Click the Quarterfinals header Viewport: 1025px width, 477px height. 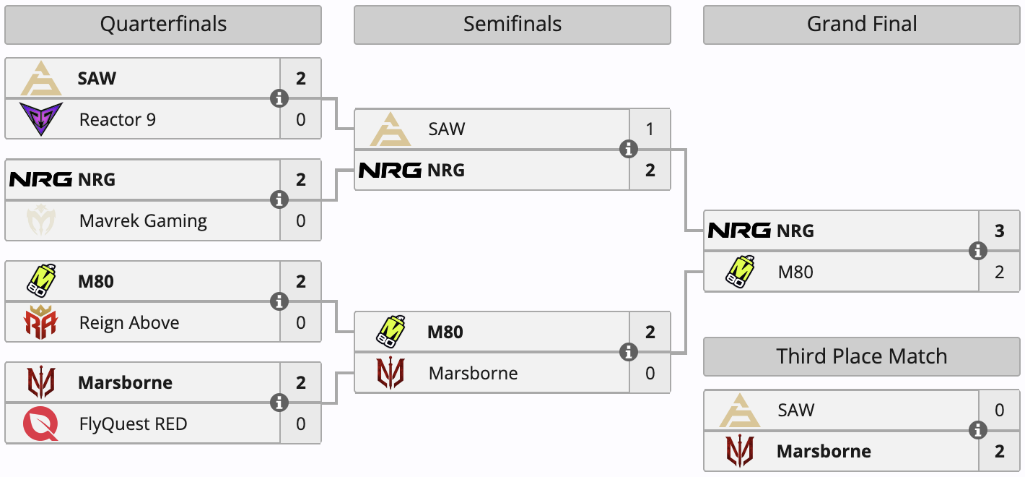pyautogui.click(x=163, y=25)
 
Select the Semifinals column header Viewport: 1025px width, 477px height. pyautogui.click(x=512, y=25)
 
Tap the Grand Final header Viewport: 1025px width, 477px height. pyautogui.click(x=862, y=25)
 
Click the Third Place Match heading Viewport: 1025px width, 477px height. pyautogui.click(x=862, y=356)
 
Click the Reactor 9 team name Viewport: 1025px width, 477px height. pyautogui.click(x=117, y=119)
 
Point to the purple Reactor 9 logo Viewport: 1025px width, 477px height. pyautogui.click(x=40, y=119)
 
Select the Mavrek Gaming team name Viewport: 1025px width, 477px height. pyautogui.click(x=143, y=220)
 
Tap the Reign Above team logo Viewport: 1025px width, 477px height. pyautogui.click(x=40, y=322)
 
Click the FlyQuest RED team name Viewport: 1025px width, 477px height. pyautogui.click(x=133, y=424)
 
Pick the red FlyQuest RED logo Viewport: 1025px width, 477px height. pyautogui.click(x=40, y=424)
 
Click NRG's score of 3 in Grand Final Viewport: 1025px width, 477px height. pyautogui.click(x=1000, y=231)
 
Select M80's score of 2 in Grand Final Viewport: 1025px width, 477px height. pyautogui.click(x=1000, y=272)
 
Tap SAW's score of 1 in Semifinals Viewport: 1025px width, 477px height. pyautogui.click(x=650, y=129)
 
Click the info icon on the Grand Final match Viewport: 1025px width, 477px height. pyautogui.click(x=978, y=251)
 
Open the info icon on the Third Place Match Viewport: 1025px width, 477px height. pyautogui.click(x=978, y=430)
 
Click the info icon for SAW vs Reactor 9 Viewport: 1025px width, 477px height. pyautogui.click(x=279, y=98)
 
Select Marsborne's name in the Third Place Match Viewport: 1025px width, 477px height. pyautogui.click(x=824, y=451)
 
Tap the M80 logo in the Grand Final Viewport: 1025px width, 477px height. pyautogui.click(x=740, y=272)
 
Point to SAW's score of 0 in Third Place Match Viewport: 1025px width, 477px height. pyautogui.click(x=1000, y=411)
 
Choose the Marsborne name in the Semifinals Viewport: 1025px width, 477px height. pyautogui.click(x=473, y=373)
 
